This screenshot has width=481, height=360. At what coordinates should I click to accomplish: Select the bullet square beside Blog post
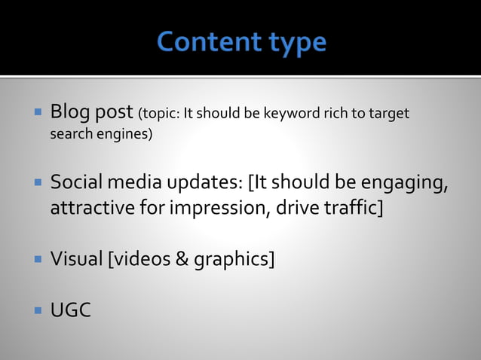[36, 114]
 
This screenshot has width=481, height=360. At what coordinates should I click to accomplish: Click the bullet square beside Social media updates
[36, 183]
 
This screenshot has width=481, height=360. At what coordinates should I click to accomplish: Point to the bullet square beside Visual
[36, 260]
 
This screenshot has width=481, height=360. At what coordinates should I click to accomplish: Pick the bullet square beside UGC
[36, 309]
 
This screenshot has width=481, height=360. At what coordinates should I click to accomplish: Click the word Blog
[69, 114]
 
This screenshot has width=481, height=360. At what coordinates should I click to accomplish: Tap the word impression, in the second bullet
[218, 208]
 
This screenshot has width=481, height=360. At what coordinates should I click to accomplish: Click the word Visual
[76, 260]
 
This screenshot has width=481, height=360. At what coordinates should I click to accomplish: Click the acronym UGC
[70, 310]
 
